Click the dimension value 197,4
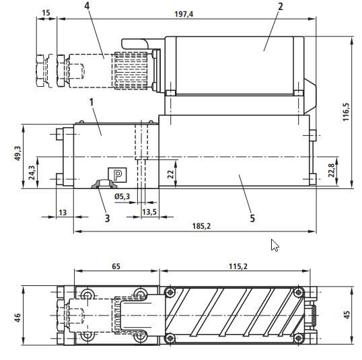pos(183,14)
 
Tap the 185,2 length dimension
pos(201,225)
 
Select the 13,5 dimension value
pos(149,212)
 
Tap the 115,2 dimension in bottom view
pos(237,266)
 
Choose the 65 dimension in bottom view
pos(116,266)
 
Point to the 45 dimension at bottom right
pos(346,316)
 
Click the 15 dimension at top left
pos(46,13)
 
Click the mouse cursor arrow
pos(275,245)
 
